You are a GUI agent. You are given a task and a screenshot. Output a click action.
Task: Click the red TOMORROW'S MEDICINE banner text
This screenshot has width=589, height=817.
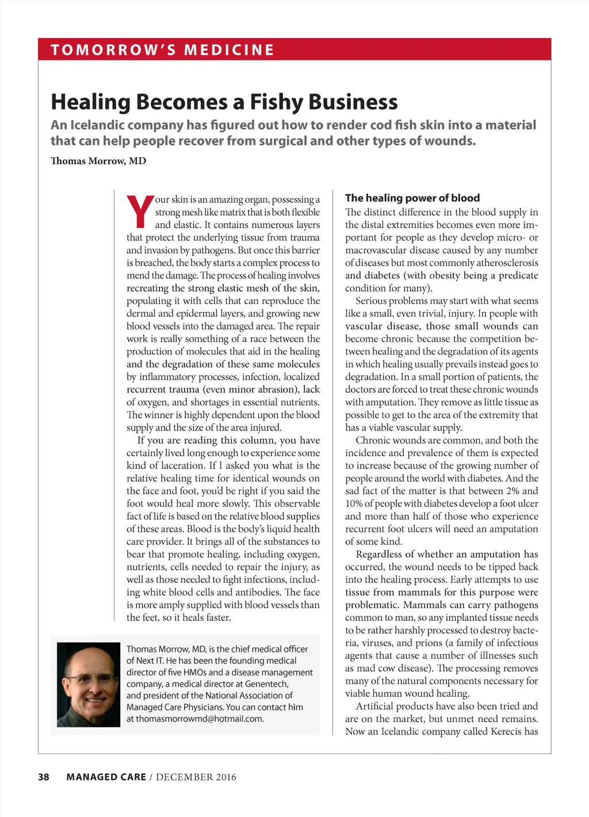(162, 49)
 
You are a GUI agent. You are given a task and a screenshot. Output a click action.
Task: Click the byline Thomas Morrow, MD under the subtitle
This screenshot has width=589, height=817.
(98, 161)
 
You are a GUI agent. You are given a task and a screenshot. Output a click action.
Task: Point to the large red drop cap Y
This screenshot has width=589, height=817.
(140, 212)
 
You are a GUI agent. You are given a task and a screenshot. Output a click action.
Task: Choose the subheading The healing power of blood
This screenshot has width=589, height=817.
(412, 198)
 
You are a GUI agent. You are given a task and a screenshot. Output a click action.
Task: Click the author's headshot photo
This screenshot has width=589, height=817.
(89, 685)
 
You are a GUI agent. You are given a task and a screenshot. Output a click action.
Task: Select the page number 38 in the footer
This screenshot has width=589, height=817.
(44, 777)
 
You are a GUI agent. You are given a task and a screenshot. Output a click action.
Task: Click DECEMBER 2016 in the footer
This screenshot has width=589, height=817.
(196, 777)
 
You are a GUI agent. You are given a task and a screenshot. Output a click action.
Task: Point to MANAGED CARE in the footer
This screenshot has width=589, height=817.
(106, 777)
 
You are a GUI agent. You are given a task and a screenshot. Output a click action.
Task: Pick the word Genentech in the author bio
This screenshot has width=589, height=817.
(266, 684)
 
